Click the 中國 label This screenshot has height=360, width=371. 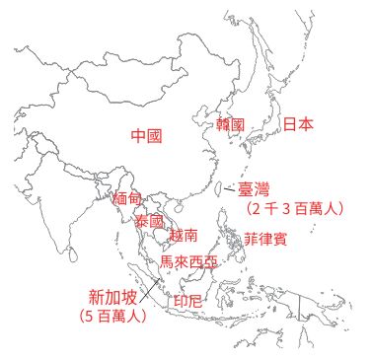tap(146, 136)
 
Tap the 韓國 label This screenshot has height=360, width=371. tap(230, 125)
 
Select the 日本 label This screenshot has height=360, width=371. tap(298, 124)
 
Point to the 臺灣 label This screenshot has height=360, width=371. tap(253, 188)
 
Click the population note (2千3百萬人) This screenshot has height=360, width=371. tap(295, 208)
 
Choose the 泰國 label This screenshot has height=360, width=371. tap(149, 221)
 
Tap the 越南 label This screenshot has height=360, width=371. tap(184, 236)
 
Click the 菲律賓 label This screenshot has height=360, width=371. tap(265, 240)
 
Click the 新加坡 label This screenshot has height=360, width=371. tap(111, 296)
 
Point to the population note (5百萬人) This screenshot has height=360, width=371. tap(112, 317)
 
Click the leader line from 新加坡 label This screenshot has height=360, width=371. tap(150, 291)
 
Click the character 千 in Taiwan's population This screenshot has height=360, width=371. tap(270, 208)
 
